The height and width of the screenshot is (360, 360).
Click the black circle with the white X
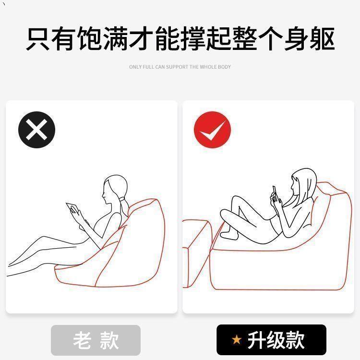(x=37, y=130)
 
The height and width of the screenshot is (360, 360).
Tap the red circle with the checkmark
(x=212, y=130)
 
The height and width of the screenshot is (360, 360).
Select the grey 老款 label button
(x=96, y=340)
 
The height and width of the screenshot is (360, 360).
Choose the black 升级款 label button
(x=271, y=340)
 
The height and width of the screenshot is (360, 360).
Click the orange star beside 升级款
(x=237, y=340)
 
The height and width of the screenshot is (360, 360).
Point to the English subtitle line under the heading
(x=180, y=67)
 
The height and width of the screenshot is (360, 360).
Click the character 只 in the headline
(x=38, y=38)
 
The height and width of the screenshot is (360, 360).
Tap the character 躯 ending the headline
(x=322, y=38)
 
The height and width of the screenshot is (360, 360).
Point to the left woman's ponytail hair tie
(x=122, y=198)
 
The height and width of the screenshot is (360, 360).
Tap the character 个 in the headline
(x=270, y=38)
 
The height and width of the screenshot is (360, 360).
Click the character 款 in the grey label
(x=109, y=340)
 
